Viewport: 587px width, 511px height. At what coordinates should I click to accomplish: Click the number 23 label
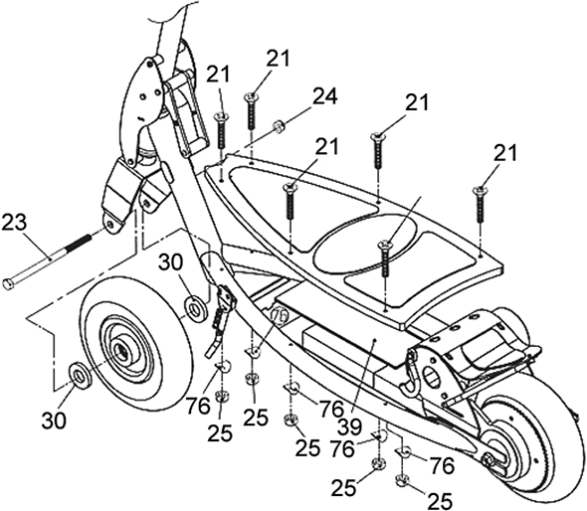point(15,223)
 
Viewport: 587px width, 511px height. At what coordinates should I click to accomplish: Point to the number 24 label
point(325,95)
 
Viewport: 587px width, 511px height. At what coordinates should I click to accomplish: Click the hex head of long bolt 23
point(8,283)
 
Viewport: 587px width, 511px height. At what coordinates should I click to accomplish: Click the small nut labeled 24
point(279,125)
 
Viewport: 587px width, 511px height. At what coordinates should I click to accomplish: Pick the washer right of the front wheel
point(195,308)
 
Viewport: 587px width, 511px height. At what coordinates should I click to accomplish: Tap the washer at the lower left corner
point(79,376)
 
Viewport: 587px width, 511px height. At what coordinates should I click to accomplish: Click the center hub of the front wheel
point(122,351)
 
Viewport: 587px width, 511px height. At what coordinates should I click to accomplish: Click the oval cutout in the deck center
point(364,243)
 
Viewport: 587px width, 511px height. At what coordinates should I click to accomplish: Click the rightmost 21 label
point(505,153)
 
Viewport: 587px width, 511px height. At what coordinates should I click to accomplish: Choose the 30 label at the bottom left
point(54,421)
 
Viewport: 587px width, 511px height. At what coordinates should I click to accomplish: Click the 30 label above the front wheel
point(171,262)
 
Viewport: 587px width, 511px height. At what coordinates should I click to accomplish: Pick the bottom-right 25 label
point(440,500)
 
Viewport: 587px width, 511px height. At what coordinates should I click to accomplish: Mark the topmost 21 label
point(279,59)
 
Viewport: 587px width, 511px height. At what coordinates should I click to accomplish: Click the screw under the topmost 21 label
point(252,111)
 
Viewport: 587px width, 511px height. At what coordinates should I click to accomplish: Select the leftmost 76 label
point(198,407)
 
